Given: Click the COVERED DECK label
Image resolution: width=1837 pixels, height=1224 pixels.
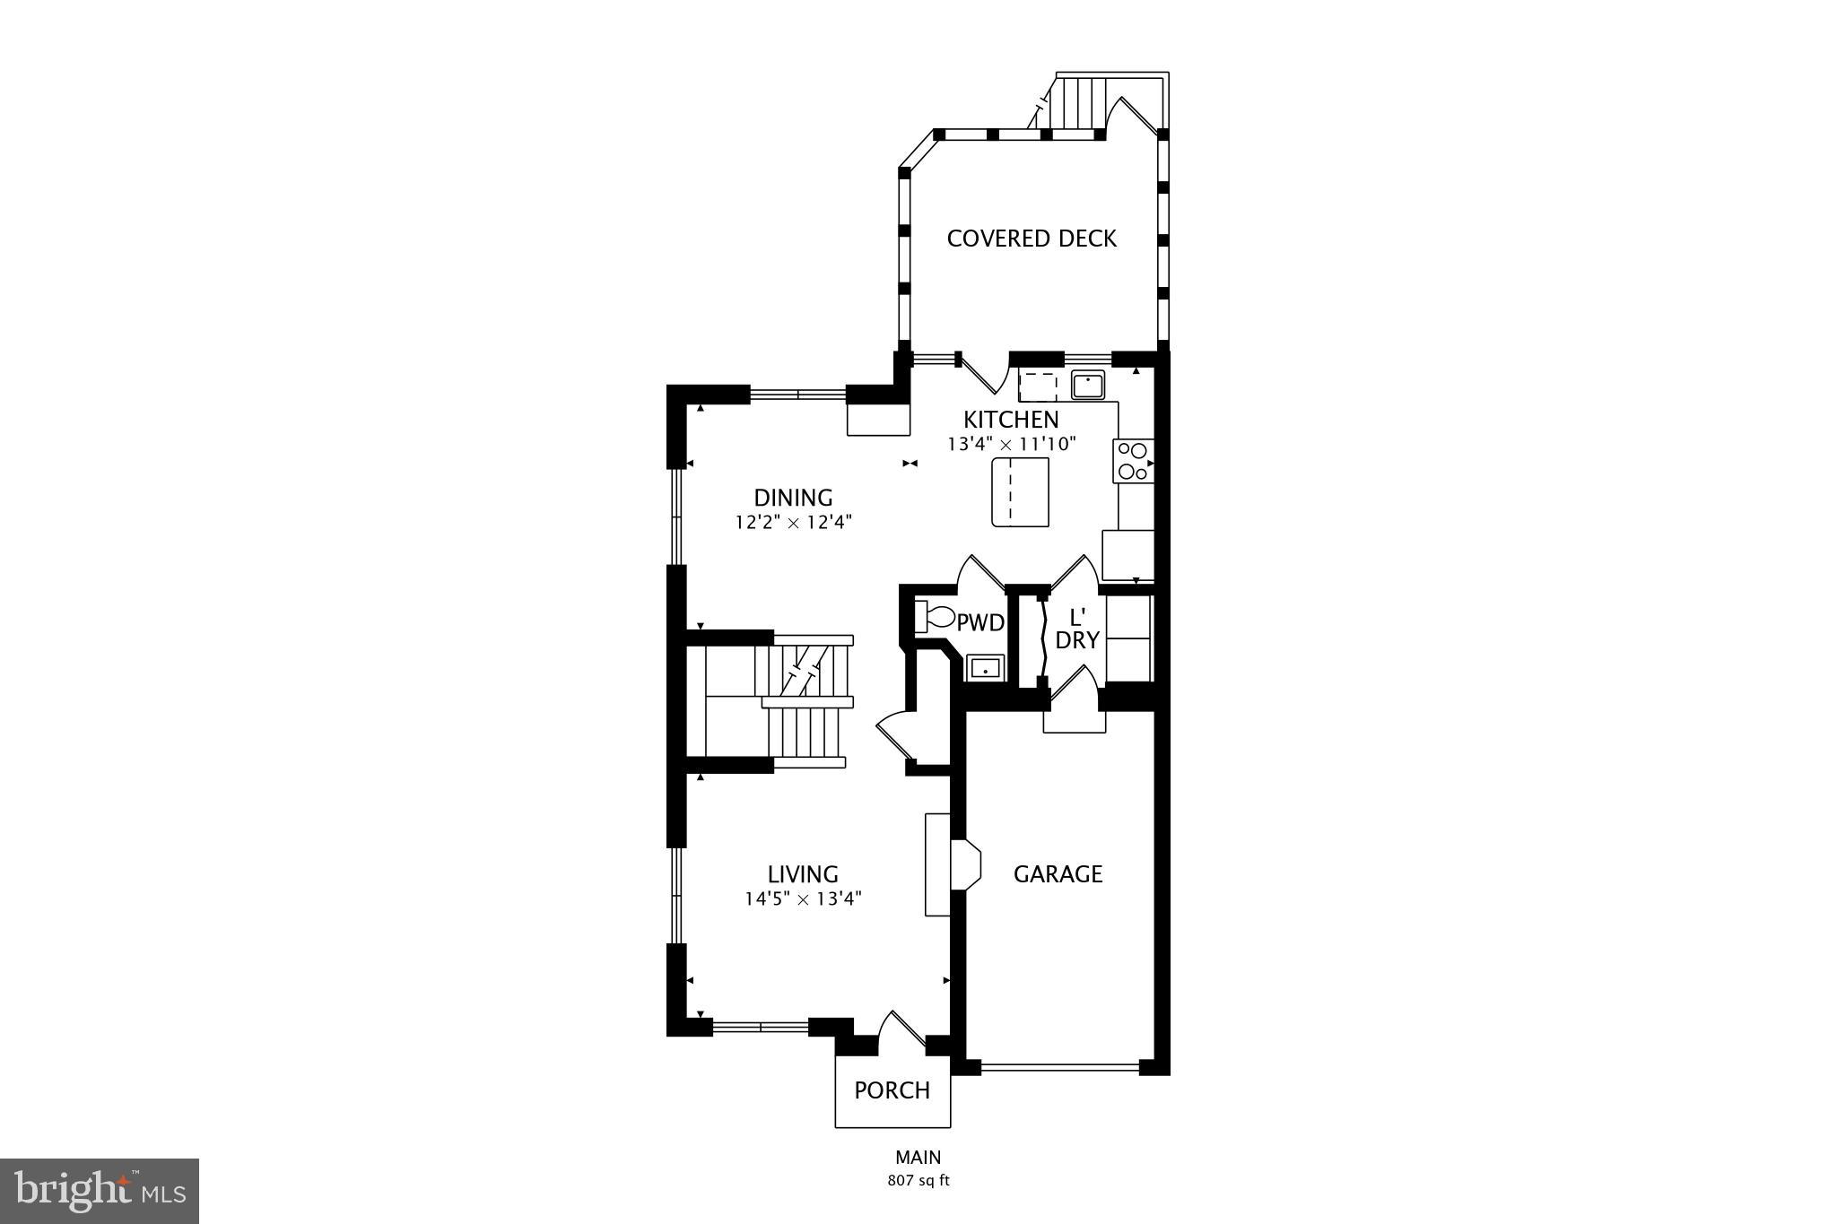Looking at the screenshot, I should tap(1032, 239).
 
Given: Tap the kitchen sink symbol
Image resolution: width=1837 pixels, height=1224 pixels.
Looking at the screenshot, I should tap(1088, 386).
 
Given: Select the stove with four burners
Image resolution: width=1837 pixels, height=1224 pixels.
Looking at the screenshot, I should tap(1134, 462).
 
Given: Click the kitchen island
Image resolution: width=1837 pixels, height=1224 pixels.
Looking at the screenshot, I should tap(1020, 491).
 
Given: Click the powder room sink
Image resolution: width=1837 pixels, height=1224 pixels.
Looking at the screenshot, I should tap(985, 669).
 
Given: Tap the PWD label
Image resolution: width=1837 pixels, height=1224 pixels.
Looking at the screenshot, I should tap(979, 622).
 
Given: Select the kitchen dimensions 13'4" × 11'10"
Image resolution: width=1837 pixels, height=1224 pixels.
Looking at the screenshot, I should tap(1011, 444).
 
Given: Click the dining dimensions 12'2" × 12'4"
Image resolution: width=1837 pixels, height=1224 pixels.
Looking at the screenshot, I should tap(793, 522).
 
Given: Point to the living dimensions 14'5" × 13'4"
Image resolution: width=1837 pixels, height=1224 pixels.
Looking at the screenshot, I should tap(803, 898).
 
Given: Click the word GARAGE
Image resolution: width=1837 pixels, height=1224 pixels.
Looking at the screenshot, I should tap(1058, 874).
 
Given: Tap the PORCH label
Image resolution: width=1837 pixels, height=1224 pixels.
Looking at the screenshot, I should tap(892, 1090).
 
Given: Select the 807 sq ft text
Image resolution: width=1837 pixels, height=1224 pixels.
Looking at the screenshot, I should tap(918, 1181).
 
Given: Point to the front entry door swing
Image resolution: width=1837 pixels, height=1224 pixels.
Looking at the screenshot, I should tap(901, 1031).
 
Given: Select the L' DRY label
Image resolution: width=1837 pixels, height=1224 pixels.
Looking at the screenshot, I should tap(1077, 629).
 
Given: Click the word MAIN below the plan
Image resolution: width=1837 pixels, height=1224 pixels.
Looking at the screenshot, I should tap(918, 1158).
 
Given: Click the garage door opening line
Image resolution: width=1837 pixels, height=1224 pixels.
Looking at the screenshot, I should tap(1059, 1067).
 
